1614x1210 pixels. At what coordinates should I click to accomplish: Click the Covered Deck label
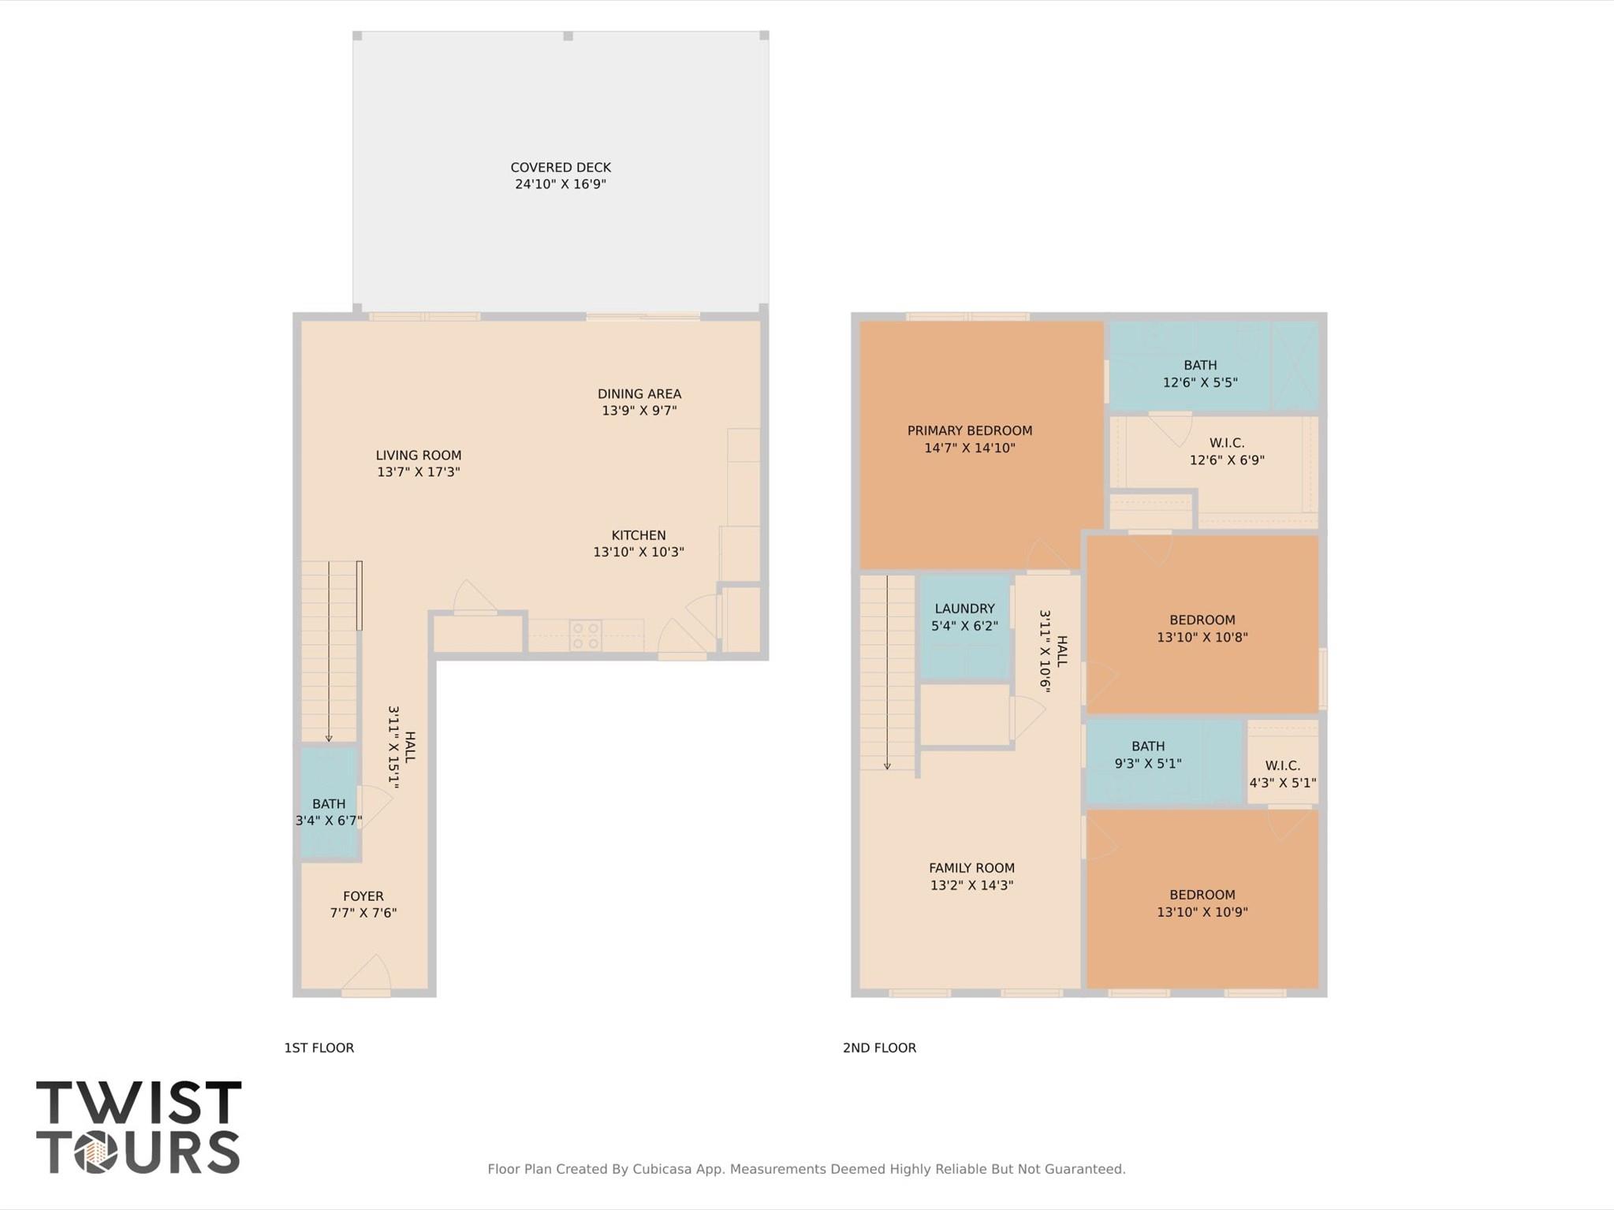(x=560, y=167)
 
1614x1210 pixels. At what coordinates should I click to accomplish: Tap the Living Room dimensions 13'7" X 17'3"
(x=418, y=472)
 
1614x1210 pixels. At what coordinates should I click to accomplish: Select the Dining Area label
(x=639, y=393)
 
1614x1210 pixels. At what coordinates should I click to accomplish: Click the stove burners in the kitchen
(x=586, y=635)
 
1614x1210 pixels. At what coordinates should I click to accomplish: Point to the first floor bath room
(x=328, y=804)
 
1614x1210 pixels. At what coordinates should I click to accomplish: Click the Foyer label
(x=363, y=896)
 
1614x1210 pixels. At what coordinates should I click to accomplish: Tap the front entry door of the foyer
(x=366, y=977)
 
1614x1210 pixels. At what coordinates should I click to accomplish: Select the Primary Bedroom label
(x=969, y=430)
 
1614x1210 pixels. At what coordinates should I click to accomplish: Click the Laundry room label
(x=964, y=609)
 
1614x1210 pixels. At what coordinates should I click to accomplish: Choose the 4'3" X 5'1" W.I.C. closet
(x=1282, y=773)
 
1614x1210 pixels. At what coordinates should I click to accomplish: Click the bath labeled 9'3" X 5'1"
(x=1147, y=754)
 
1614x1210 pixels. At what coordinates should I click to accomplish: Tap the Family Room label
(x=971, y=868)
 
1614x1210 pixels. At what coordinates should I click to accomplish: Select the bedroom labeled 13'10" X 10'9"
(x=1202, y=903)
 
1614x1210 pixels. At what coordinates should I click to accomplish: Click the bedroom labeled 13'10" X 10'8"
(x=1202, y=628)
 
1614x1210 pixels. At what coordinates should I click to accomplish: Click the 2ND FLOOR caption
(x=879, y=1048)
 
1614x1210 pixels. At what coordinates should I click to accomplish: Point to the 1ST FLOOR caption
(x=319, y=1048)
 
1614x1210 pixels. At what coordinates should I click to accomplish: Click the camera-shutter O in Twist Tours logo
(x=96, y=1152)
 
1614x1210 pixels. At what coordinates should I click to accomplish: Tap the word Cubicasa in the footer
(x=663, y=1169)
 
